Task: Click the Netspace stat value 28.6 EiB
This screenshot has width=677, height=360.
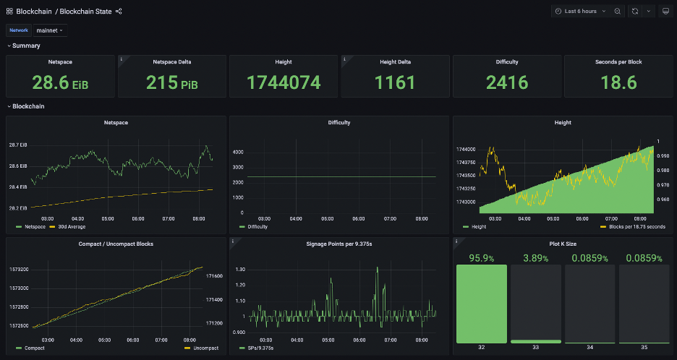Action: (x=60, y=83)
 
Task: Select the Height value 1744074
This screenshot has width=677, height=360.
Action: (x=284, y=83)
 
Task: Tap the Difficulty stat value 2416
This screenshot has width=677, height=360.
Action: (x=507, y=83)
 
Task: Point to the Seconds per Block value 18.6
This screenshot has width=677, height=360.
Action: (x=618, y=83)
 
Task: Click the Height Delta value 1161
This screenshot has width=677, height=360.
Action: (x=395, y=83)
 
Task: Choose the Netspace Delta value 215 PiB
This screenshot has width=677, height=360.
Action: (x=171, y=83)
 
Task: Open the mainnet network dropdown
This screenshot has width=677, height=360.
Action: (x=51, y=30)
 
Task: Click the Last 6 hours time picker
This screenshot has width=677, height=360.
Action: (x=580, y=11)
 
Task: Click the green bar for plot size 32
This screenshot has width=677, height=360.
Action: (x=482, y=303)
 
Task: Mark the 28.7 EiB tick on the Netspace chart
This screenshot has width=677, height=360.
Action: (x=18, y=145)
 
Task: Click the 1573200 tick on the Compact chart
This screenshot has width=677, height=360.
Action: (x=20, y=270)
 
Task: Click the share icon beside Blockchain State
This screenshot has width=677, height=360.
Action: (x=119, y=11)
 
